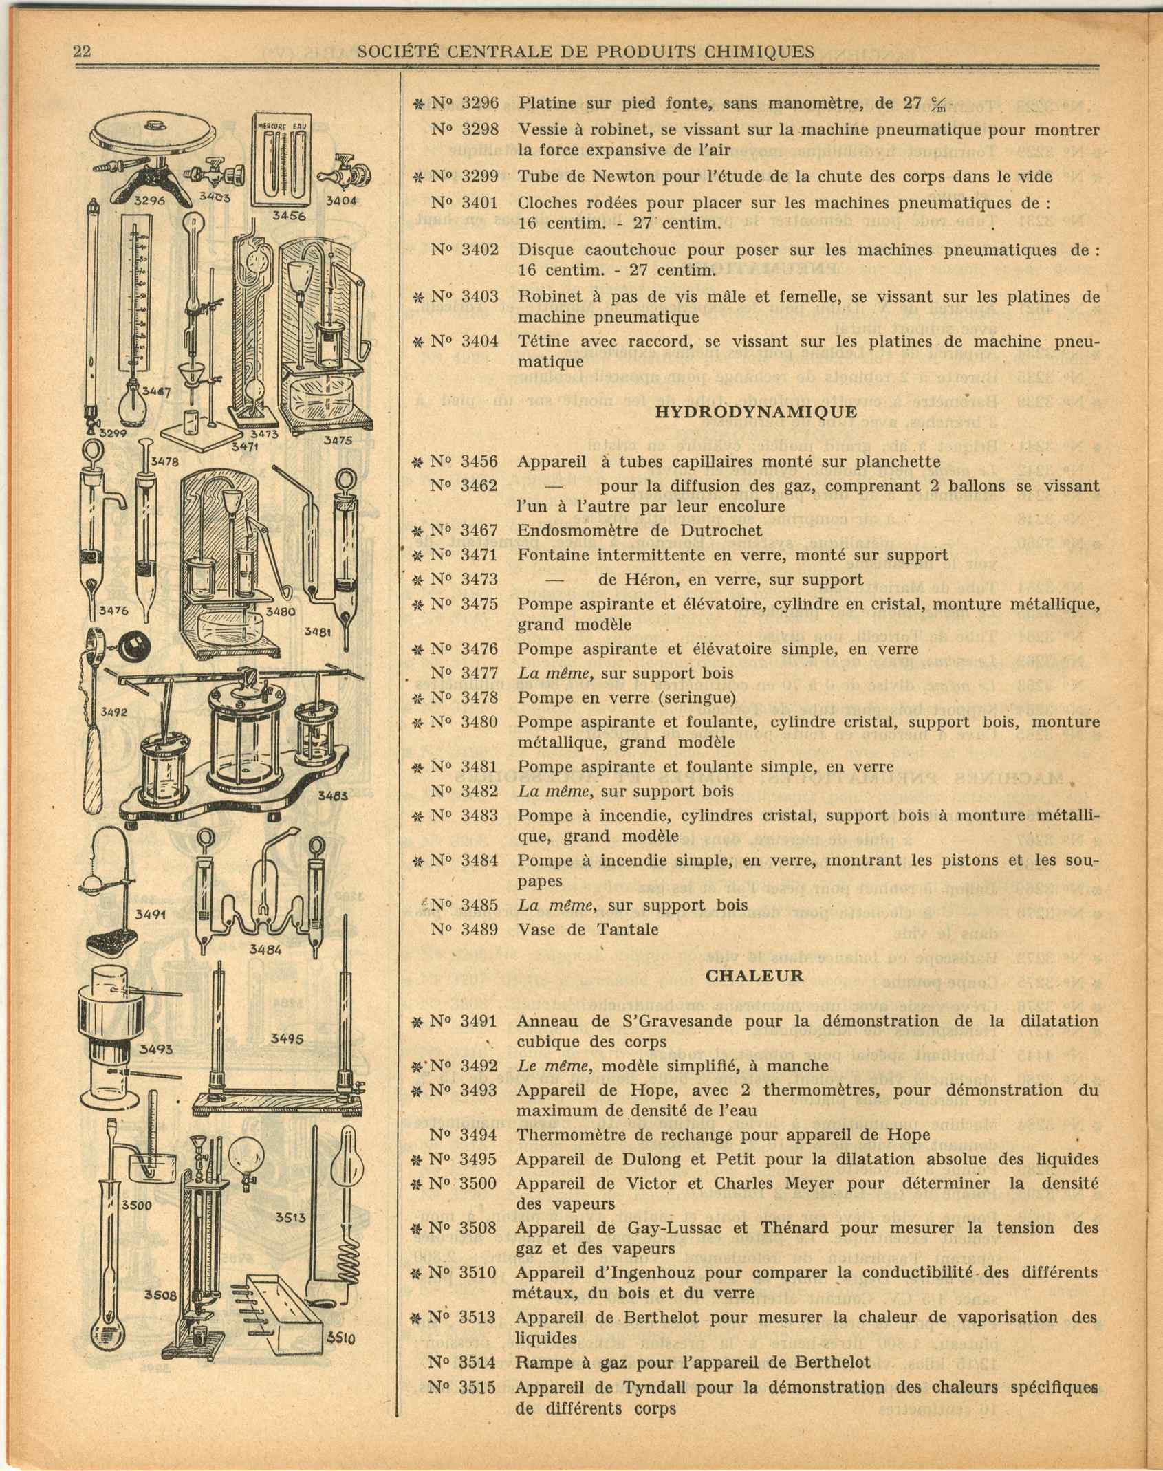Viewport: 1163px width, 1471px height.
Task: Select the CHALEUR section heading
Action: [754, 975]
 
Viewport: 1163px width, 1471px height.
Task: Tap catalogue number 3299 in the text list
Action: [479, 177]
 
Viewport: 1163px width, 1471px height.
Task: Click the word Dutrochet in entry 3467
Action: [718, 530]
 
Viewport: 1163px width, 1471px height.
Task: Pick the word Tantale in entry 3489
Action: [627, 930]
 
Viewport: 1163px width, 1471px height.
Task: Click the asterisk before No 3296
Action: [417, 104]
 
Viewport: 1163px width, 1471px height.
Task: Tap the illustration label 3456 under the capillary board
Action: [288, 215]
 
